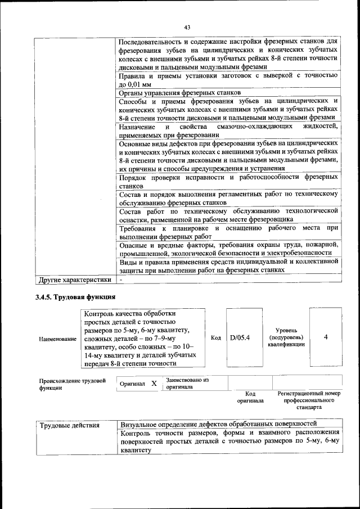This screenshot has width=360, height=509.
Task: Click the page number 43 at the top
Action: click(187, 27)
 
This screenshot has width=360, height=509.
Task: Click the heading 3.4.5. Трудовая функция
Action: click(76, 296)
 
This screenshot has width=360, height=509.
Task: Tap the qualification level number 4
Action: click(325, 337)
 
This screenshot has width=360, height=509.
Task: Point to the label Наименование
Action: click(57, 339)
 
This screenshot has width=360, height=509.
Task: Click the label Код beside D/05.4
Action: click(215, 337)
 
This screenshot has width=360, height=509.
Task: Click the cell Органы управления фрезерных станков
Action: click(181, 92)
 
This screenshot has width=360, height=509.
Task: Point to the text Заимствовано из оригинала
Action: click(187, 384)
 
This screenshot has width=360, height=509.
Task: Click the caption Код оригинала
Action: click(250, 398)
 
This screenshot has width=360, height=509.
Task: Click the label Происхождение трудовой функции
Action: click(72, 384)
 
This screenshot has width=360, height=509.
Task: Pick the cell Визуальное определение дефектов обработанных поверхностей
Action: click(219, 424)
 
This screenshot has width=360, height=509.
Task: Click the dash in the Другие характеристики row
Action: click(120, 279)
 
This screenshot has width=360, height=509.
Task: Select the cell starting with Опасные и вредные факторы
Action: click(228, 249)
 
